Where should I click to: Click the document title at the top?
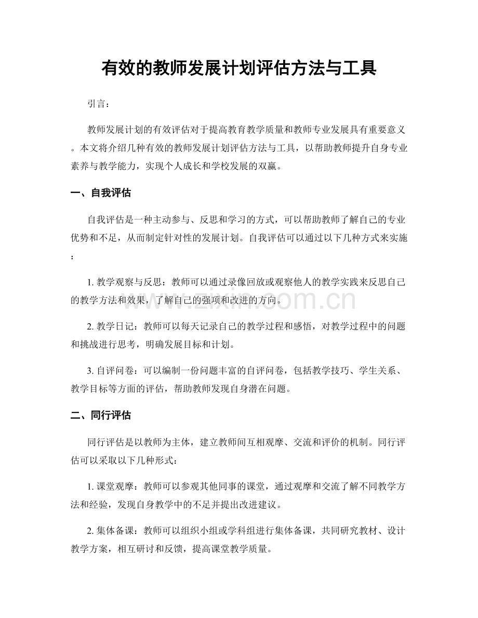point(238,68)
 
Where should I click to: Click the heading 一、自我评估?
point(100,194)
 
